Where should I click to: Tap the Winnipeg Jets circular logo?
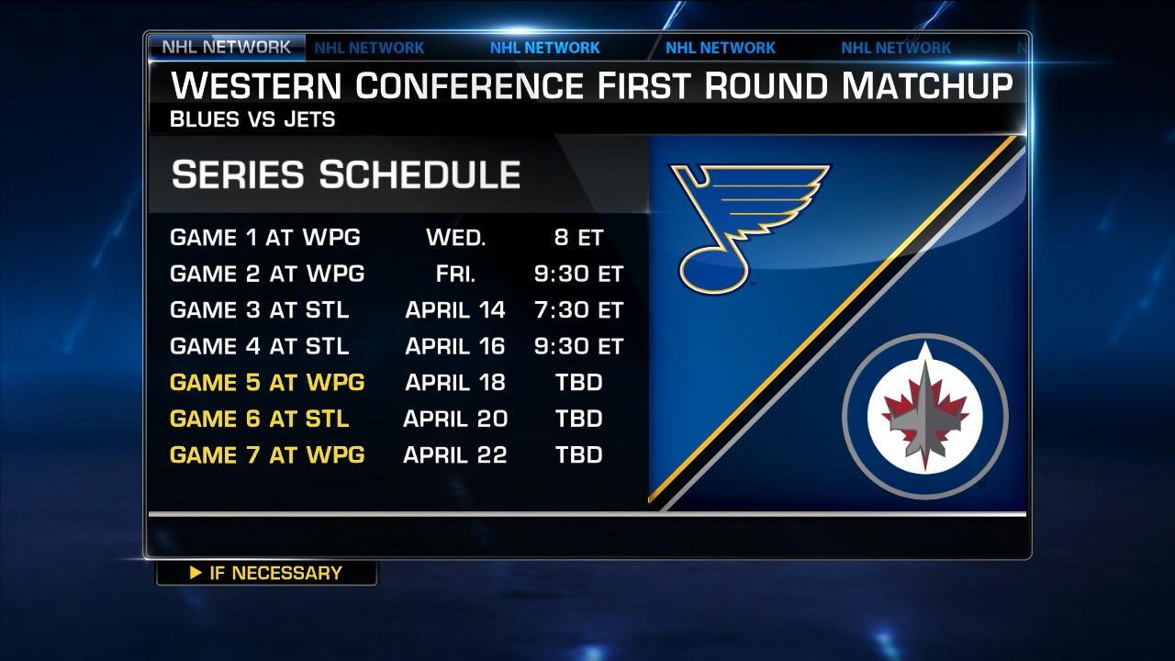[x=924, y=416]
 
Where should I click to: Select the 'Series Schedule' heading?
[x=346, y=174]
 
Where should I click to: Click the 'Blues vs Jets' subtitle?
[x=252, y=119]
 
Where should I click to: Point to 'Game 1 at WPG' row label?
[x=265, y=238]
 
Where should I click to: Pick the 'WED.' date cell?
[x=456, y=238]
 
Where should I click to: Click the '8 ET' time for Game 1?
[x=578, y=238]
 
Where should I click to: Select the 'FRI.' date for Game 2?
[x=455, y=274]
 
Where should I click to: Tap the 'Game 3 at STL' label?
[x=259, y=310]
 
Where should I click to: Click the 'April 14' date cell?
[x=454, y=310]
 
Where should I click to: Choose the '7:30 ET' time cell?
[x=578, y=310]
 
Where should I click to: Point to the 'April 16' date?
[x=454, y=346]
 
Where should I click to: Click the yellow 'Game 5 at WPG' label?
[x=267, y=383]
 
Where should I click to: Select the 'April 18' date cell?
[x=454, y=383]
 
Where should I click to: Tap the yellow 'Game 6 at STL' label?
[x=259, y=419]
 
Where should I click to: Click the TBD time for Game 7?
[x=578, y=454]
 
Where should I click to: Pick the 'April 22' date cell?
[x=454, y=454]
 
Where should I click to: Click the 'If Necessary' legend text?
[x=276, y=573]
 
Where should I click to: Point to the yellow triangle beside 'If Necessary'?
[x=196, y=572]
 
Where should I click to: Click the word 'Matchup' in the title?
[x=927, y=86]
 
